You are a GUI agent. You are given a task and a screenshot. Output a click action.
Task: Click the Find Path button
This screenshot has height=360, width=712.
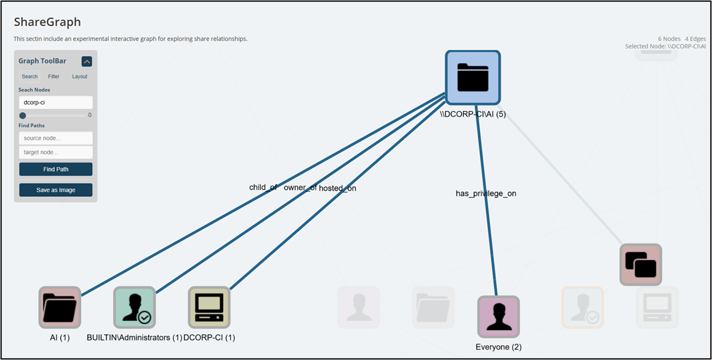(55, 169)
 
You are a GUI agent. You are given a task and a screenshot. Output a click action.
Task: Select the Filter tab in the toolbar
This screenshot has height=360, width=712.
(54, 77)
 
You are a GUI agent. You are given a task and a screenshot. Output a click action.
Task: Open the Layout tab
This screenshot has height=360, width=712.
(80, 77)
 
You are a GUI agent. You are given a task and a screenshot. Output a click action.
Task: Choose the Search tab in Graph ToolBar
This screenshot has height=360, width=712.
(30, 77)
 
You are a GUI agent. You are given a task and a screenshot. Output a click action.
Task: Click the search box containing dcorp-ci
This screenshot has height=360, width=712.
(55, 102)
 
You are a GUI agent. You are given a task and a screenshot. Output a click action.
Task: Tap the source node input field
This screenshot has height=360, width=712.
(55, 138)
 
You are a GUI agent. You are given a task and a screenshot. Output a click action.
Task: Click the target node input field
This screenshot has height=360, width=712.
(55, 152)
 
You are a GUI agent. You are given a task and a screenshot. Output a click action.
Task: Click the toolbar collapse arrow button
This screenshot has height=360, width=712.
(87, 61)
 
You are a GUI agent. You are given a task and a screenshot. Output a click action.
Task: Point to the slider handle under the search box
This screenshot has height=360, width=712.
(23, 115)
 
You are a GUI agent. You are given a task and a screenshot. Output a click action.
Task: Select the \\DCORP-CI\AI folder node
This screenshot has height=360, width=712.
(473, 77)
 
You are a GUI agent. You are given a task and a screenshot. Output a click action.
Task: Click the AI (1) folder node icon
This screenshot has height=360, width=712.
(60, 307)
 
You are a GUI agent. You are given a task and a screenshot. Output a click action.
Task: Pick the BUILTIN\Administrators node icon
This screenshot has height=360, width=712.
(135, 307)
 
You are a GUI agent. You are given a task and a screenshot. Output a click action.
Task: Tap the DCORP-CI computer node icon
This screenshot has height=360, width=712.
(209, 307)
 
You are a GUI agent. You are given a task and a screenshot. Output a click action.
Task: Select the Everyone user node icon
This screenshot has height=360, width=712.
(498, 316)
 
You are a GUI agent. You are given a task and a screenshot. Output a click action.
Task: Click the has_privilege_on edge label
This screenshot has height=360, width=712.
(486, 194)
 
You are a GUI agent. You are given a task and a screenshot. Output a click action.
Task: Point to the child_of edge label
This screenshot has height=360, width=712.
(263, 187)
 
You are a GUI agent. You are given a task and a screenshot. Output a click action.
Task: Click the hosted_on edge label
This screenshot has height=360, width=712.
(338, 188)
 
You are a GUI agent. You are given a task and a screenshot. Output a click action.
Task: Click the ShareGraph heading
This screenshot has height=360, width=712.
(47, 22)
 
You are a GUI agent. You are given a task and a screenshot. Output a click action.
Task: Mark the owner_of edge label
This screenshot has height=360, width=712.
(300, 187)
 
